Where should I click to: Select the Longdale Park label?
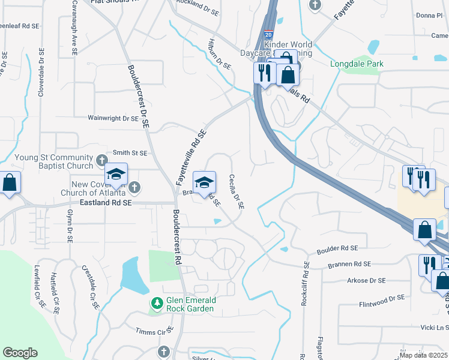pos(357,64)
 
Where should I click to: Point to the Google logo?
pos(20,352)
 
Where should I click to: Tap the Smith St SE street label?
pos(130,154)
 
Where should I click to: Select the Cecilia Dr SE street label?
pos(236,192)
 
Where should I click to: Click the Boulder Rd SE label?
pos(337,248)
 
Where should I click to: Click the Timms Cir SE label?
pos(154,331)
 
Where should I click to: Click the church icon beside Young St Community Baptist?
pos(101,160)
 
